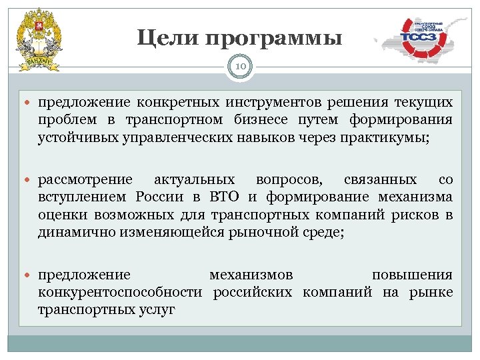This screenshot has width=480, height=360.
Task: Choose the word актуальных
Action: (x=194, y=180)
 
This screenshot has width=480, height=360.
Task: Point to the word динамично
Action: (x=71, y=232)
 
